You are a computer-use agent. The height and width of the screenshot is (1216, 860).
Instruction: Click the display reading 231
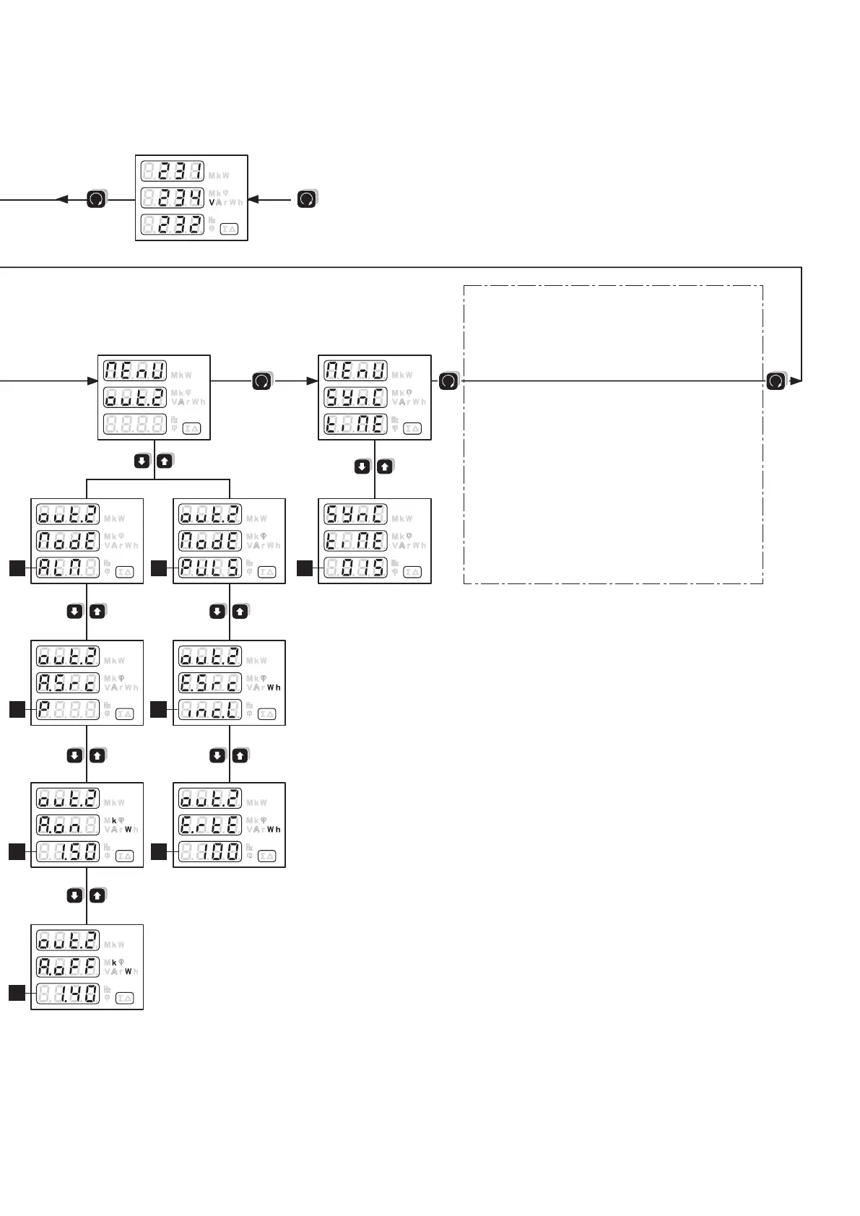point(172,172)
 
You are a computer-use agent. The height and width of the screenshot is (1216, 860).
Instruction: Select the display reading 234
point(172,198)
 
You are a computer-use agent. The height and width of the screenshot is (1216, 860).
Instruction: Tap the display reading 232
point(172,224)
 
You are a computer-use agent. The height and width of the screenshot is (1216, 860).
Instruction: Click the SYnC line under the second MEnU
point(355,397)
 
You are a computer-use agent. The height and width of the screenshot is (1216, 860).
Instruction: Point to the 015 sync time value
point(355,568)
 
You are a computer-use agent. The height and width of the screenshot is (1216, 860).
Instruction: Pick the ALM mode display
point(68,568)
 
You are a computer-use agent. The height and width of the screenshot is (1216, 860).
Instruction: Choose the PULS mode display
point(210,568)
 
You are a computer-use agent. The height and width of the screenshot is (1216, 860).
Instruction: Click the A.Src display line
point(68,683)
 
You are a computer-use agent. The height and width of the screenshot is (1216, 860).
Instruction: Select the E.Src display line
point(210,683)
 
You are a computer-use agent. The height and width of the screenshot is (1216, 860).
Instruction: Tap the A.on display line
point(68,825)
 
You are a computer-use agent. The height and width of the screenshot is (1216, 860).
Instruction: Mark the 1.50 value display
point(68,852)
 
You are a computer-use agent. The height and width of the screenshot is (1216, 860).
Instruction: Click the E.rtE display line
point(210,825)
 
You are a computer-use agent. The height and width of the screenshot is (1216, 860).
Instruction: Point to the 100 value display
point(210,852)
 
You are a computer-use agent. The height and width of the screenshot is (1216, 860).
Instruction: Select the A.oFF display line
point(68,968)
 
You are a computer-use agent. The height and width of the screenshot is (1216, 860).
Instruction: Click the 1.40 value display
point(68,994)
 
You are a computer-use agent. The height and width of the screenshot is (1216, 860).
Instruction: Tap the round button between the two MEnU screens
point(262,381)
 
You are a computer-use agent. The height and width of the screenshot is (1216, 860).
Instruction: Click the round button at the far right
point(776,381)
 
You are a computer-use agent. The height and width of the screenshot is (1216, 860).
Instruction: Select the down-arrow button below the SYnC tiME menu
point(362,467)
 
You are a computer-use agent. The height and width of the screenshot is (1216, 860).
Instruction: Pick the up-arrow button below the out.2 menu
point(165,461)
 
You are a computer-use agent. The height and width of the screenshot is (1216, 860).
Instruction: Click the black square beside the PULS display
point(160,568)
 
